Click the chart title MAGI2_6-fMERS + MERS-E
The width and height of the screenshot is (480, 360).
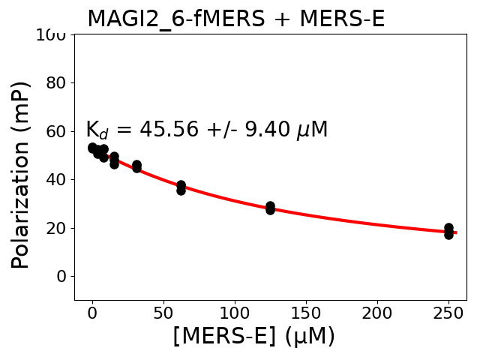(x=235, y=19)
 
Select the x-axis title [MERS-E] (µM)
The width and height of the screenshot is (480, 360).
(x=253, y=336)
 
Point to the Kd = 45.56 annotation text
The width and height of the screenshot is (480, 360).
(x=206, y=130)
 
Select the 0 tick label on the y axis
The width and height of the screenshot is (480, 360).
(x=61, y=276)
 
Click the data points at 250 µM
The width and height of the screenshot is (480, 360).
(x=448, y=231)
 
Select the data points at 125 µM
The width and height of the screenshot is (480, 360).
(x=270, y=208)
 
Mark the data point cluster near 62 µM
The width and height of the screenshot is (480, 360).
(x=181, y=187)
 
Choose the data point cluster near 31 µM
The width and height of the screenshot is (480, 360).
(x=136, y=166)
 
